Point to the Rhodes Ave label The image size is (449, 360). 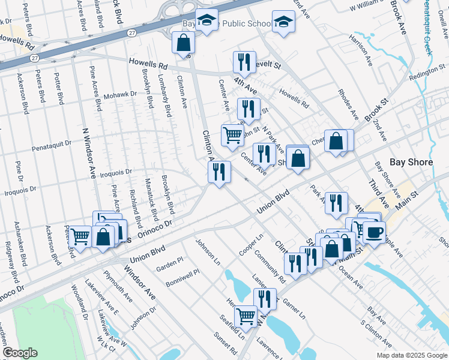(x=348, y=104)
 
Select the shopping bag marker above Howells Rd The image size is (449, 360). (x=183, y=43)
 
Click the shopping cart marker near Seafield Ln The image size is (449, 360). (x=246, y=316)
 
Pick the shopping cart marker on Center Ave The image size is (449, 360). (x=232, y=134)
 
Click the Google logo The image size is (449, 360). (x=20, y=353)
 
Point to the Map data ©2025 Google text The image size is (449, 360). (x=411, y=355)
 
